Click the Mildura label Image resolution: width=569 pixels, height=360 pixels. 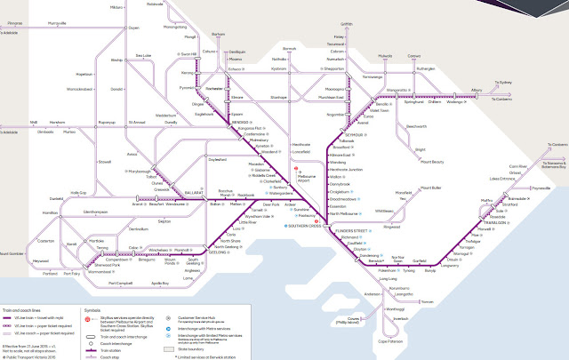pyautogui.click(x=116, y=6)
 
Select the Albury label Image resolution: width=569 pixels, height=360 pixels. pyautogui.click(x=476, y=90)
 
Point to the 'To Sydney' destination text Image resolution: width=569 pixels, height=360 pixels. pyautogui.click(x=504, y=82)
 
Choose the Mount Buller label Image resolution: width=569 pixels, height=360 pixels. pyautogui.click(x=430, y=188)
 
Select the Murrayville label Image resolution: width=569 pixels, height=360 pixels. pyautogui.click(x=56, y=22)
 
